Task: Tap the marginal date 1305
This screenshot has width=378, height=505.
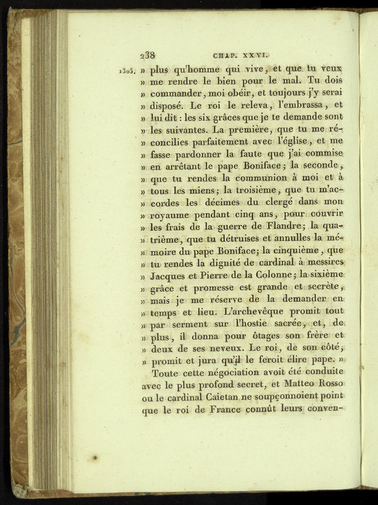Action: (x=128, y=71)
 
